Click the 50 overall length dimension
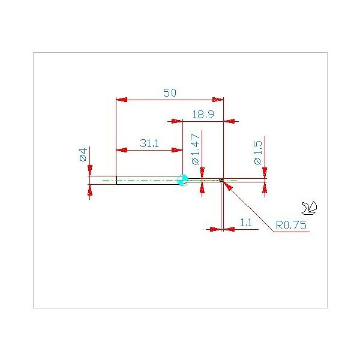[170, 92]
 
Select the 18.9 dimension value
[203, 114]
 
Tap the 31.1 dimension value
[149, 143]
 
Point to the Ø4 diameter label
[83, 155]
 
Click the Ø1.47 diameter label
[196, 149]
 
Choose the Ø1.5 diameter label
[258, 152]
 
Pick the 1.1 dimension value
[245, 223]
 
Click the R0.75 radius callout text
[291, 225]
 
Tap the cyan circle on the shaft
[183, 180]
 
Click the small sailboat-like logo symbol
[309, 208]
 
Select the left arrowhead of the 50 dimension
[122, 100]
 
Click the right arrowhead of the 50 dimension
[218, 100]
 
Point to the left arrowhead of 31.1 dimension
[122, 151]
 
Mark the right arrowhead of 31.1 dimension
[177, 151]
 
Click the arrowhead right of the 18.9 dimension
[229, 121]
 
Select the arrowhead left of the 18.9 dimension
[177, 121]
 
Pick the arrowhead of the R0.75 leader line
[227, 185]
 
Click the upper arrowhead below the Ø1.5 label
[265, 173]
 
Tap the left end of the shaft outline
[116, 180]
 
